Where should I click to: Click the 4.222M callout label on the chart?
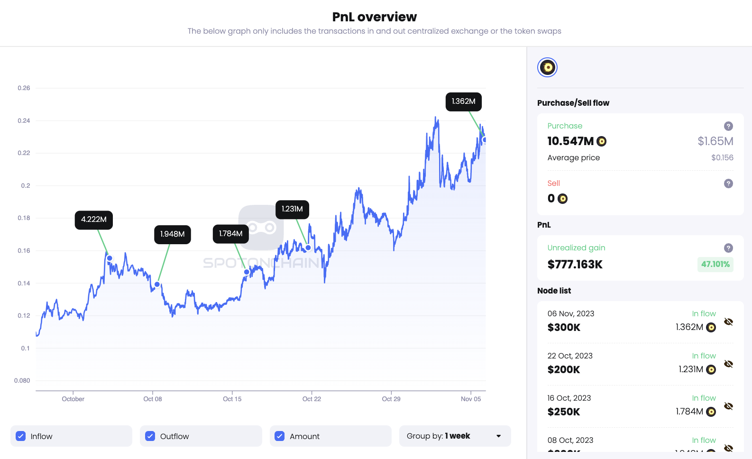94,220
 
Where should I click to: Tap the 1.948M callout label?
173,234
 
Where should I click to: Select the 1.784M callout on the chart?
231,234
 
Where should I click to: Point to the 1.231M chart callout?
292,209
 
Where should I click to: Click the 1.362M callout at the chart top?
464,101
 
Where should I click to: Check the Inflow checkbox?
21,436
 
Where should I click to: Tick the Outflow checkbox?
150,436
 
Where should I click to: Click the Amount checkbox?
280,436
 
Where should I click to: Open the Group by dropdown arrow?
498,436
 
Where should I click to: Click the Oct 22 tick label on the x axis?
312,399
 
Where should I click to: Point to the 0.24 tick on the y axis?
24,120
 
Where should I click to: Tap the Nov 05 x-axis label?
471,399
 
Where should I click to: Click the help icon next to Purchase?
728,126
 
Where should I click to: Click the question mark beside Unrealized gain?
728,248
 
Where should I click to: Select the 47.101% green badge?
715,264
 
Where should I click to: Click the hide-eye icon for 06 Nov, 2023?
728,322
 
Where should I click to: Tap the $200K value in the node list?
564,370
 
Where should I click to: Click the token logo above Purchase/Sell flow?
547,67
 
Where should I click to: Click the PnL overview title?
375,17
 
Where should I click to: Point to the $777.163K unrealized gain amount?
575,265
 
